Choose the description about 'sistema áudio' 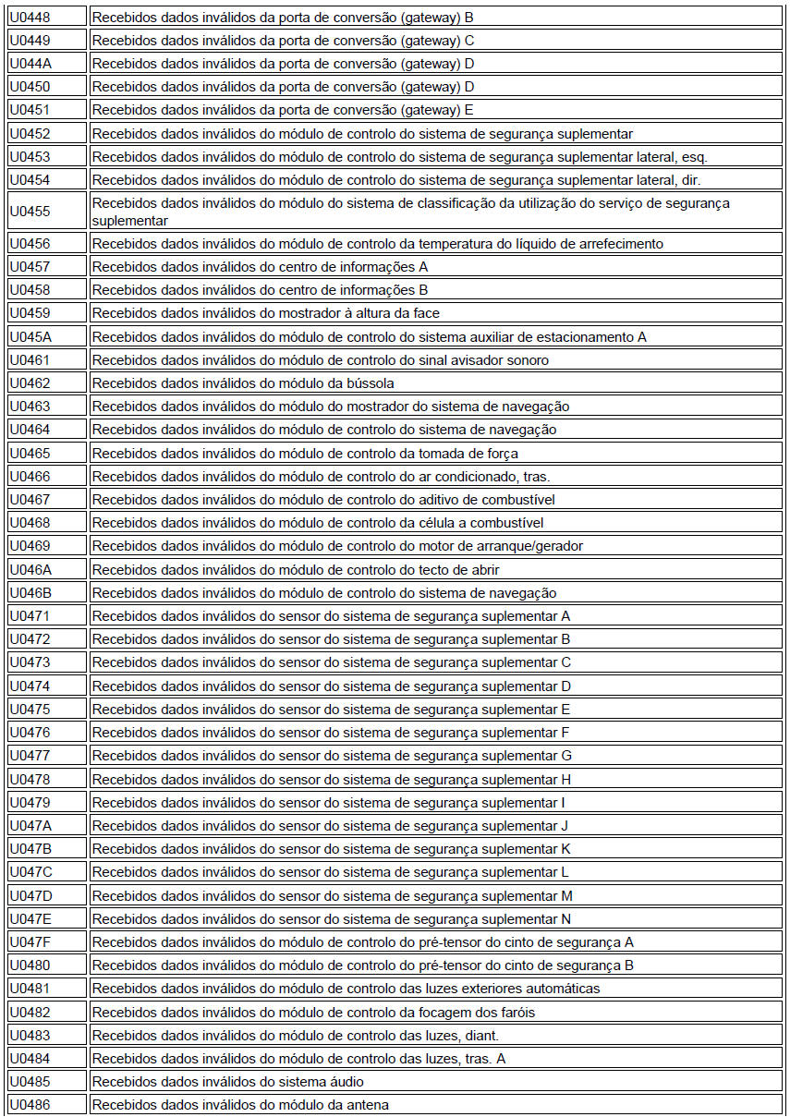(227, 1082)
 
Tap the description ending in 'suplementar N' (331, 919)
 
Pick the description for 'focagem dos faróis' (312, 1012)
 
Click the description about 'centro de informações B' (260, 290)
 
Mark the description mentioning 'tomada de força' (304, 453)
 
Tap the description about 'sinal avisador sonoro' (320, 360)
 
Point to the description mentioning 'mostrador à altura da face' (265, 313)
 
